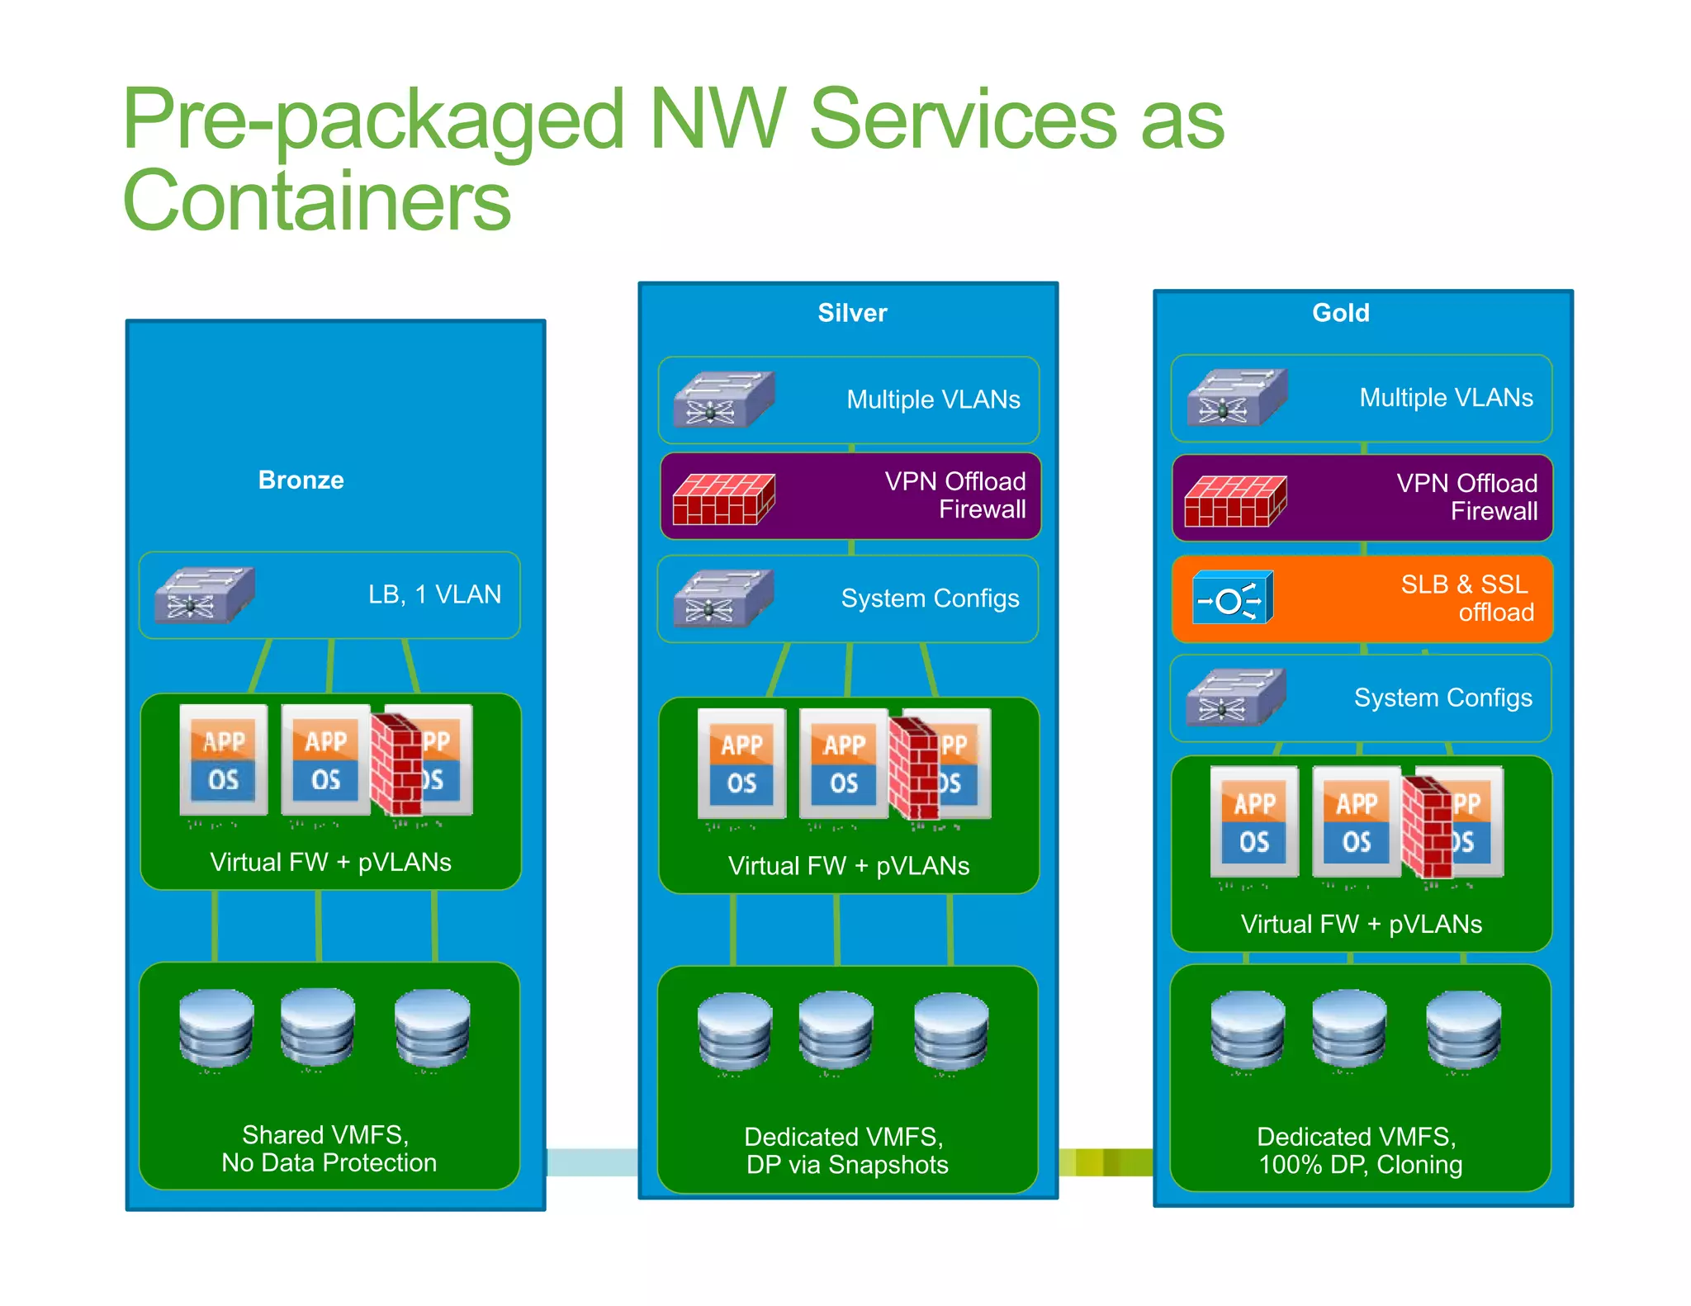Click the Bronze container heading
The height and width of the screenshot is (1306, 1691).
click(301, 480)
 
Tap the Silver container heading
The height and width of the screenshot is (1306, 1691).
click(852, 313)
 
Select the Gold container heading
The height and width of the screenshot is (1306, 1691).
click(1341, 313)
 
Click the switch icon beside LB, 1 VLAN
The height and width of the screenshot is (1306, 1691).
click(205, 595)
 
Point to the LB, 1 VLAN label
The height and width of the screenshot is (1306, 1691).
click(434, 594)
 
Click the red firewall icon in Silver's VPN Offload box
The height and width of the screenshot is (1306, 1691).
click(723, 499)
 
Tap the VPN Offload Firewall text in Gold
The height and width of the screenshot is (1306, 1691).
click(1467, 497)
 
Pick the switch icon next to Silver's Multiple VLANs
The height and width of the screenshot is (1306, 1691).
click(723, 400)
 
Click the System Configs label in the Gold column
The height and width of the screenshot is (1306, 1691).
click(1442, 698)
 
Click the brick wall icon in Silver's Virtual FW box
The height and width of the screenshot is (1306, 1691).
click(913, 767)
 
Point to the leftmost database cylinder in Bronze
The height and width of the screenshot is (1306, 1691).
click(216, 1028)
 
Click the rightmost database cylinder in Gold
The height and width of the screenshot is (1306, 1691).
click(1463, 1031)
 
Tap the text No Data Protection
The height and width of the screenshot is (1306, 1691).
click(329, 1163)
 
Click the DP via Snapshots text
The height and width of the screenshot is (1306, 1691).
click(847, 1165)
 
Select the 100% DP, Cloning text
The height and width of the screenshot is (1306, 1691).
click(1360, 1165)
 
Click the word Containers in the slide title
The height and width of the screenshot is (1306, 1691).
click(317, 201)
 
